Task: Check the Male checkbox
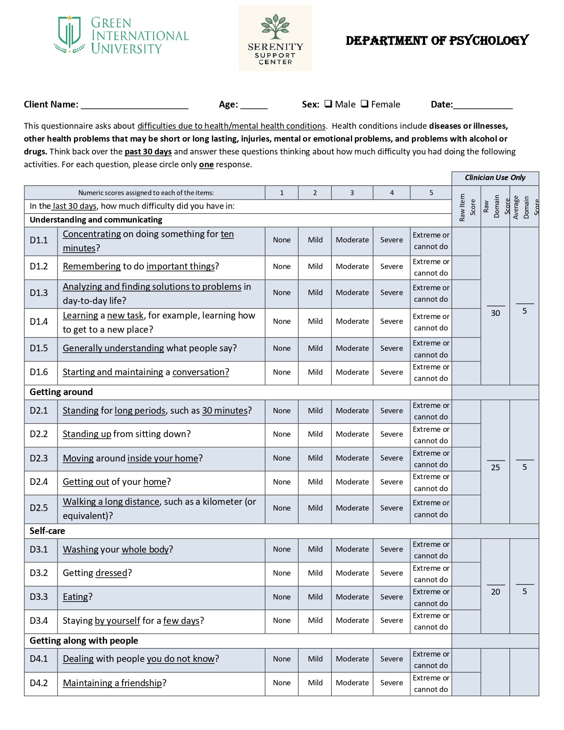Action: tap(328, 104)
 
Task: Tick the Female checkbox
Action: tap(364, 104)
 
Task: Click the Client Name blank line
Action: tap(134, 105)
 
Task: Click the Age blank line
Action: tap(254, 105)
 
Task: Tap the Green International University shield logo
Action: tap(69, 35)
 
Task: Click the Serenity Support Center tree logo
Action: tap(275, 27)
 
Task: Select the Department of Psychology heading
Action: tap(437, 41)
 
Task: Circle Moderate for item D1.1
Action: tap(352, 240)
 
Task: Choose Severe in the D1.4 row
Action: tap(391, 322)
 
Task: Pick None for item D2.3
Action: tap(282, 458)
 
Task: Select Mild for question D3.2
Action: tap(315, 573)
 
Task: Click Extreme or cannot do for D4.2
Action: tap(431, 684)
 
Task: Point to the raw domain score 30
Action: tap(495, 313)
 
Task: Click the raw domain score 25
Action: tap(495, 468)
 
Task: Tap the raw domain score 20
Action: tap(495, 592)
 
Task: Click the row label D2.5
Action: tap(39, 508)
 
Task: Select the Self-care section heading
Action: tap(47, 531)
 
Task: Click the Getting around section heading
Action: tap(61, 392)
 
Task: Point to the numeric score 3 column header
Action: tap(352, 193)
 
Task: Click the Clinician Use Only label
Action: tap(495, 178)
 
